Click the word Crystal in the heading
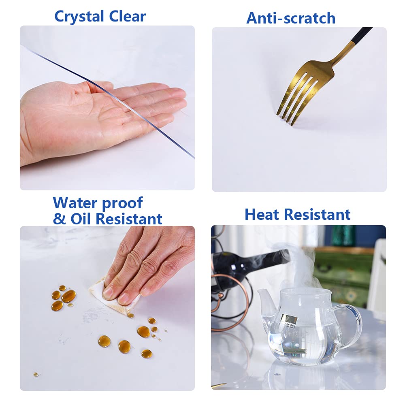pos(79,17)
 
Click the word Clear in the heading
pos(127,16)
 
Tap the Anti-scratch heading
pos(291,18)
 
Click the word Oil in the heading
pos(82,219)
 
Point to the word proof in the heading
pos(122,204)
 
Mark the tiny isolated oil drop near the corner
pos(36,374)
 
